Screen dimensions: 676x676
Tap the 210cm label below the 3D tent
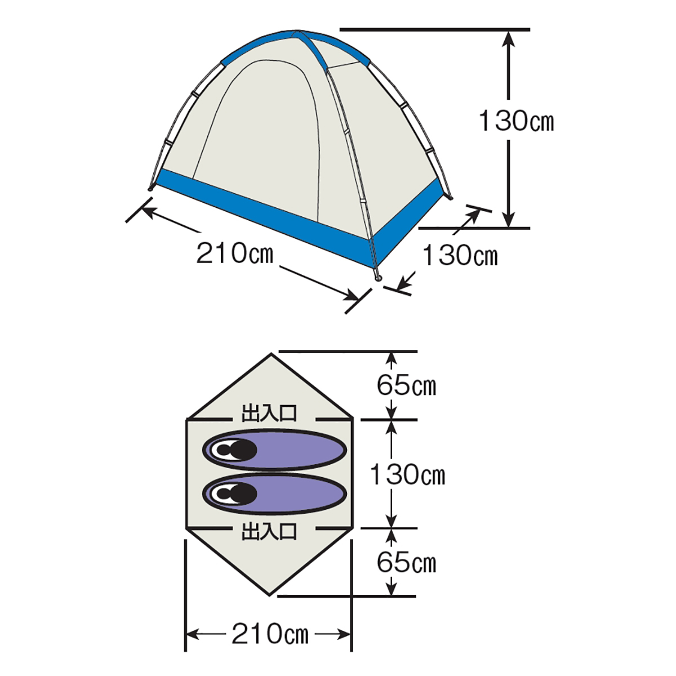[x=234, y=253]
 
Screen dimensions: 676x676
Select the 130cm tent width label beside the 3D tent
[x=460, y=255]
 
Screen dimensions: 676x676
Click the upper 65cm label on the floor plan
[x=406, y=385]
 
